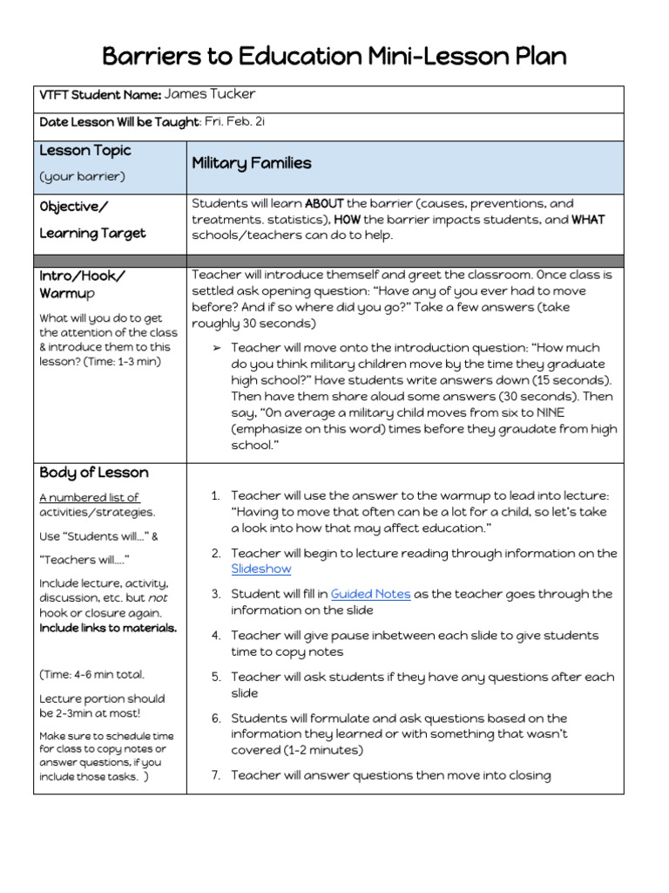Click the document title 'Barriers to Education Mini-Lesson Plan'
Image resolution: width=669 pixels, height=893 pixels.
334,57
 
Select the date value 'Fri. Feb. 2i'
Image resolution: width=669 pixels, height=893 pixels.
234,121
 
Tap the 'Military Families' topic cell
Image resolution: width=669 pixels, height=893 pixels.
251,163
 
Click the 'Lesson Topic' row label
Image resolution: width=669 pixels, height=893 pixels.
85,150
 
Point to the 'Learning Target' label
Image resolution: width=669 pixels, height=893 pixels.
92,233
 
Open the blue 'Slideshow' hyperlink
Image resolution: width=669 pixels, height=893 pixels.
261,569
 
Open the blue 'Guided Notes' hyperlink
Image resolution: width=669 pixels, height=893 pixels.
370,594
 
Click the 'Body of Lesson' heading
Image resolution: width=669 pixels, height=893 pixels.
94,473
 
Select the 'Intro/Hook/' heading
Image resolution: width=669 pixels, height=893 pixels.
83,276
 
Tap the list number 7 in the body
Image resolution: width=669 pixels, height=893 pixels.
215,775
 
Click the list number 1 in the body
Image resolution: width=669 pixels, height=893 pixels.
215,495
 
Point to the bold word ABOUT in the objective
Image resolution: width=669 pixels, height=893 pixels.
324,203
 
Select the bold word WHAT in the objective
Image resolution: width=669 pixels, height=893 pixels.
588,219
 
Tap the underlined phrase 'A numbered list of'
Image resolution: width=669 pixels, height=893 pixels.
89,498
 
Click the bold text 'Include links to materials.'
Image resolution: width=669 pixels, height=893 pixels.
108,628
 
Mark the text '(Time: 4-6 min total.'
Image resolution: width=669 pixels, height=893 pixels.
92,674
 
